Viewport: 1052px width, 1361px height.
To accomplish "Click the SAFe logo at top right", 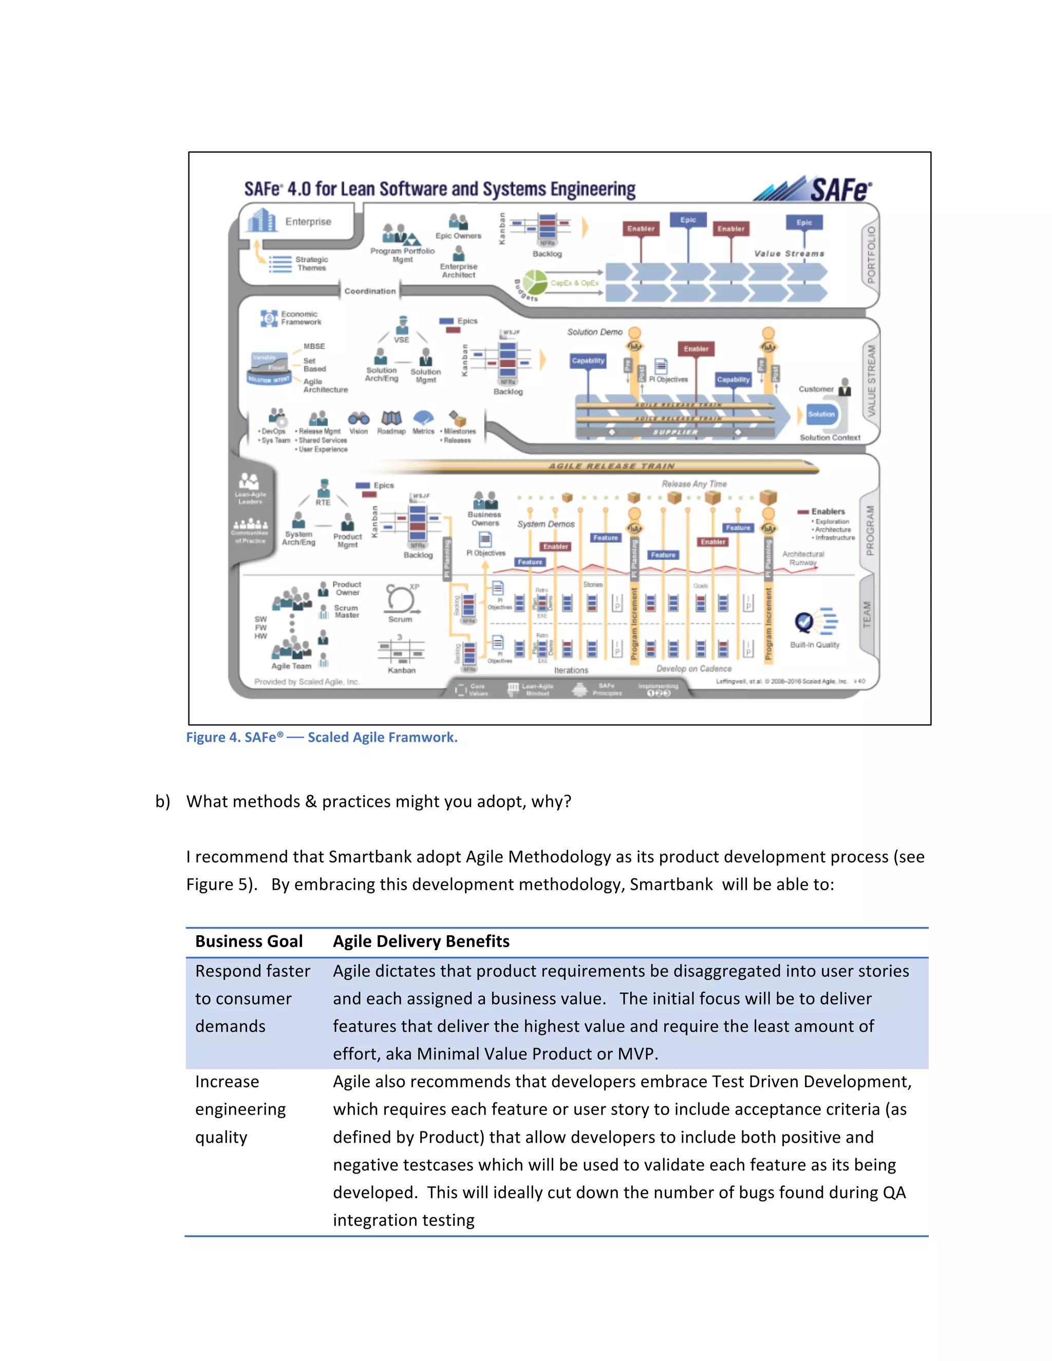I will [x=815, y=189].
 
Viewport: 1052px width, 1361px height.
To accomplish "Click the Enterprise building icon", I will [x=261, y=221].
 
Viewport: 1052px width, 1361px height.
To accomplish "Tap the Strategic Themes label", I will [x=311, y=263].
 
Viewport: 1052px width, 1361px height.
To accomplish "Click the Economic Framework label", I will [x=300, y=318].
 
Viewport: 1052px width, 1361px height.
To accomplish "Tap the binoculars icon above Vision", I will [x=359, y=418].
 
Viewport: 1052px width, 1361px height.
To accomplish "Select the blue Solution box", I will [x=821, y=414].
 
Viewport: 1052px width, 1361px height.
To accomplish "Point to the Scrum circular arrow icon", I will [x=400, y=599].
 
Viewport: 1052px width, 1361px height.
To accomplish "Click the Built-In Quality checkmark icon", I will [x=804, y=621].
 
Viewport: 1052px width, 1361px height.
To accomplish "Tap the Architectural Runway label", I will [x=803, y=558].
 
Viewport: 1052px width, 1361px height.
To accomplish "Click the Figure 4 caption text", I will [x=322, y=737].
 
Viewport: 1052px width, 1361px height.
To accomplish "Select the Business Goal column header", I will [x=249, y=941].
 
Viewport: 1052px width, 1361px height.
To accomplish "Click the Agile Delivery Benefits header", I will [x=421, y=941].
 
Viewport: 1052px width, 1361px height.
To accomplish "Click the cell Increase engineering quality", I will [x=240, y=1109].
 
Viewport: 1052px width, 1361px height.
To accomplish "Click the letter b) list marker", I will [x=163, y=801].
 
